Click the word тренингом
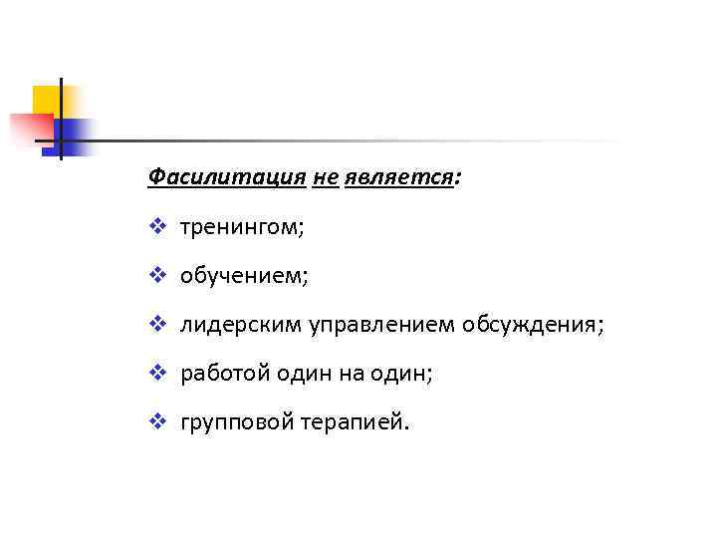tap(240, 229)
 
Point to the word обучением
tap(243, 277)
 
